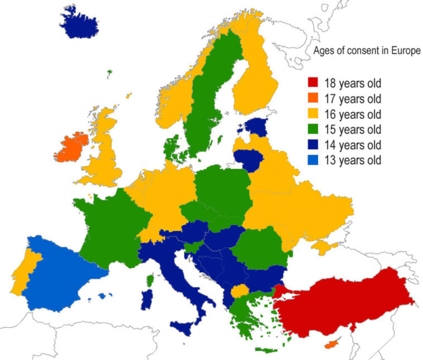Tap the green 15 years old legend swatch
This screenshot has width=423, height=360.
pyautogui.click(x=314, y=129)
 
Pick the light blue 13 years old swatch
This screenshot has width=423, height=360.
pyautogui.click(x=314, y=160)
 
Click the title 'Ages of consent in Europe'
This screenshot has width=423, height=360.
pyautogui.click(x=366, y=51)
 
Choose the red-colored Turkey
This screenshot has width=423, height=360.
pyautogui.click(x=355, y=301)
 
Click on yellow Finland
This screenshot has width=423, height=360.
pyautogui.click(x=254, y=77)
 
